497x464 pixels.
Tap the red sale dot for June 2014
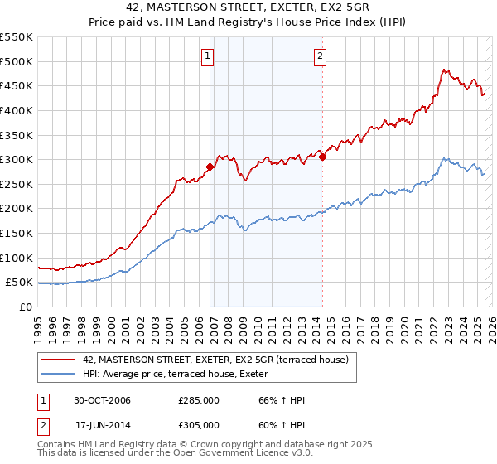[322, 157]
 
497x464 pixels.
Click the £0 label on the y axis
[25, 307]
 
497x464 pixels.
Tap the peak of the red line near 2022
[444, 70]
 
